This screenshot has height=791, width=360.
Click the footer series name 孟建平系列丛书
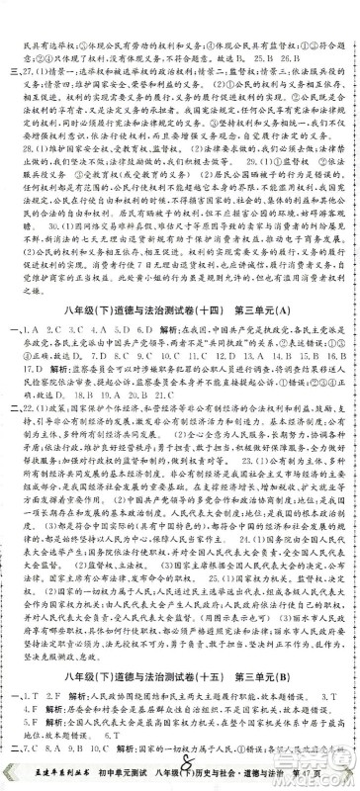[42, 779]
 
